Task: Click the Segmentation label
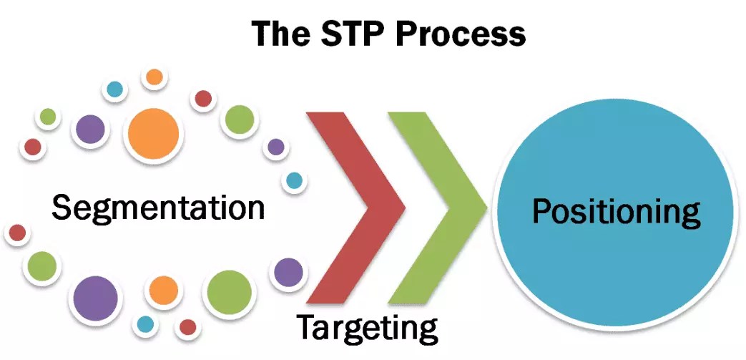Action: pyautogui.click(x=158, y=208)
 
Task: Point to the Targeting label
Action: pyautogui.click(x=367, y=328)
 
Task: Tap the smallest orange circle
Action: pyautogui.click(x=154, y=77)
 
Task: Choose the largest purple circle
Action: pyautogui.click(x=95, y=297)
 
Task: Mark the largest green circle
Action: pyautogui.click(x=230, y=293)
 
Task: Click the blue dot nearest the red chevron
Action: pyautogui.click(x=294, y=181)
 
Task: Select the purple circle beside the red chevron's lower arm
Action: pyautogui.click(x=288, y=273)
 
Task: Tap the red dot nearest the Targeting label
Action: pyautogui.click(x=187, y=327)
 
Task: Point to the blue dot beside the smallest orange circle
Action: pyautogui.click(x=114, y=89)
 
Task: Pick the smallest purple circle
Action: pyautogui.click(x=275, y=147)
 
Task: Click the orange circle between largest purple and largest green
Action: pyautogui.click(x=163, y=291)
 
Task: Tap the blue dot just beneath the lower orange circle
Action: pyautogui.click(x=145, y=324)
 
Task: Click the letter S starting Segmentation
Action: pyautogui.click(x=62, y=208)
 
